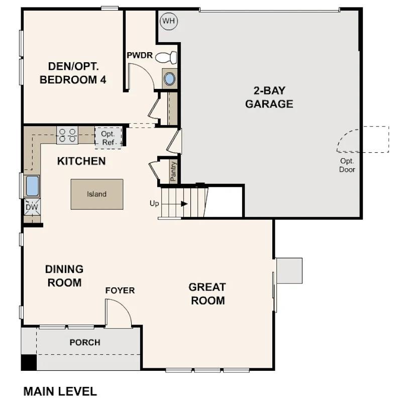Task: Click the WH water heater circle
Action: coord(169,21)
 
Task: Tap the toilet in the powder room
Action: coord(166,57)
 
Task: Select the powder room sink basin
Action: coord(169,79)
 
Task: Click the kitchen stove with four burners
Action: coord(67,135)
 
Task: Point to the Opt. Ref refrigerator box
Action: coord(108,138)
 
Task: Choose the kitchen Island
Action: coord(97,194)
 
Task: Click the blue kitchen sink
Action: coord(33,186)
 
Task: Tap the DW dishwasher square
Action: coord(32,207)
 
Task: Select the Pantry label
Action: coord(173,171)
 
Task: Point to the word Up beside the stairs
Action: coord(154,203)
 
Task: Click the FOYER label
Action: coord(120,290)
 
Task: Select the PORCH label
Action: coord(85,342)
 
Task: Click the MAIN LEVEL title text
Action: coord(60,391)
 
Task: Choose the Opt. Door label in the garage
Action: coord(347,165)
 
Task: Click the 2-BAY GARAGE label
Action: coord(269,97)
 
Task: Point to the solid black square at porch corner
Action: coord(29,362)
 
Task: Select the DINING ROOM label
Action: coord(64,276)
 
